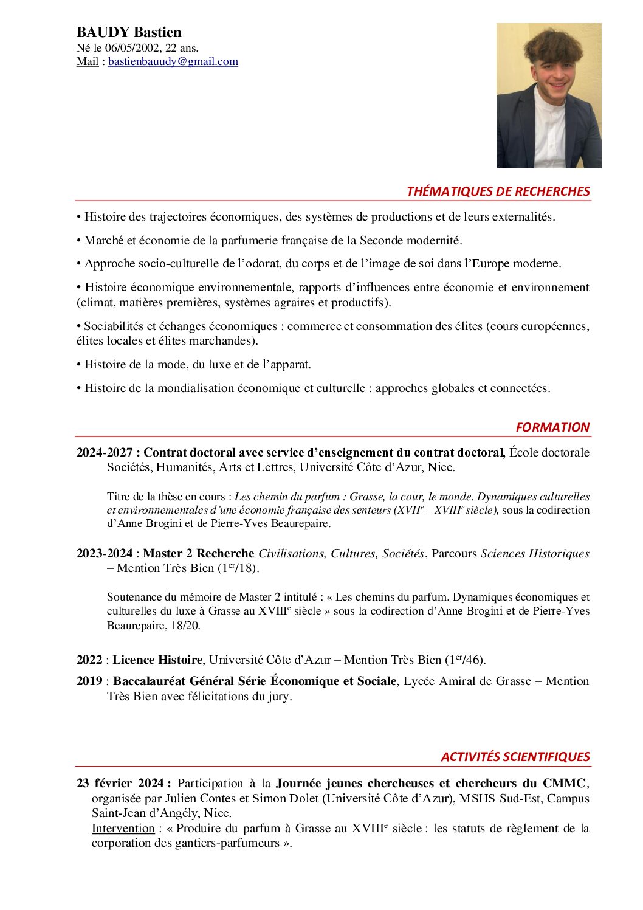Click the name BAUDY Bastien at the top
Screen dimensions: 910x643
(129, 32)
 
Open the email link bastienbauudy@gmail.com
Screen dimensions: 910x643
(173, 61)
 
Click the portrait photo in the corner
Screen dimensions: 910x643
(548, 95)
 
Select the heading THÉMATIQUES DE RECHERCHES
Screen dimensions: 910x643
(498, 191)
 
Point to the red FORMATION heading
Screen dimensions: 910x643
(552, 427)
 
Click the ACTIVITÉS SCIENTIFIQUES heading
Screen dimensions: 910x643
(515, 757)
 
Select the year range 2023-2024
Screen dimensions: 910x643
(105, 553)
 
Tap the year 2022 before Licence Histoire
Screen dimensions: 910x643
(89, 660)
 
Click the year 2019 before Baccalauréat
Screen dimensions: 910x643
(89, 681)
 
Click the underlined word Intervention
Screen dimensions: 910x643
(123, 828)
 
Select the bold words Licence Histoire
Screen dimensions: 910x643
(157, 660)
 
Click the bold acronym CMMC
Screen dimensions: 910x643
(564, 783)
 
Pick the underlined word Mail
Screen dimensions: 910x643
(88, 61)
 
